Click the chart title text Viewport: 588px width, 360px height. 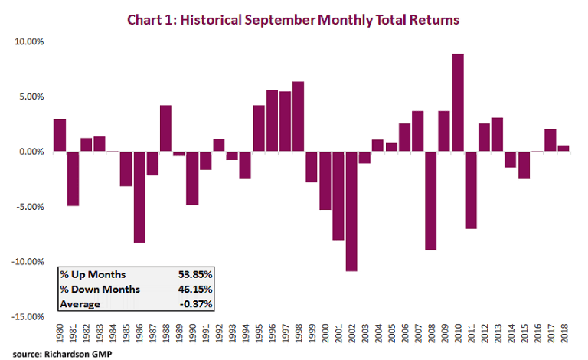294,18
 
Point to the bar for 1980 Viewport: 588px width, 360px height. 59,136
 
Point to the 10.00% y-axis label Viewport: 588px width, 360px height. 26,41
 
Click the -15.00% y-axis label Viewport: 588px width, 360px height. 24,316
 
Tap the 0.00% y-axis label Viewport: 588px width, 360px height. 28,152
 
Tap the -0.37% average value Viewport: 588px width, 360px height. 198,305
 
